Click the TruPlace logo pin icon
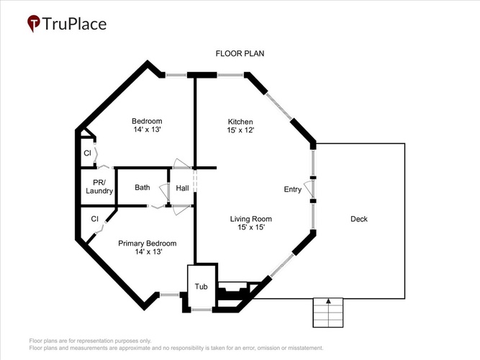click(x=33, y=23)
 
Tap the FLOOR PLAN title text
click(x=240, y=53)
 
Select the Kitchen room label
click(x=240, y=122)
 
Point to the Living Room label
click(x=250, y=219)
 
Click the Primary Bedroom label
click(x=148, y=243)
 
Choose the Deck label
click(x=359, y=219)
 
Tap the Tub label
click(x=201, y=287)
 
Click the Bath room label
click(x=142, y=187)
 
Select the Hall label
click(x=182, y=188)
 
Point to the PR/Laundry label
click(x=99, y=186)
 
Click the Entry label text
click(x=293, y=189)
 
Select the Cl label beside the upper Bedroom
click(x=87, y=153)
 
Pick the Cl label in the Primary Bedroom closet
click(x=94, y=219)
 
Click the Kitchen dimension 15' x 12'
click(x=240, y=130)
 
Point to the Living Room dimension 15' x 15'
click(x=251, y=228)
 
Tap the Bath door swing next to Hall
click(x=164, y=192)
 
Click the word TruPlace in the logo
click(x=74, y=24)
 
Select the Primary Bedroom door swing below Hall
click(x=182, y=210)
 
